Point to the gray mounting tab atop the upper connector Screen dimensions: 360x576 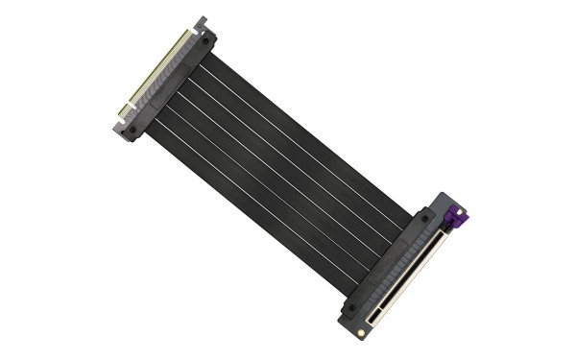pos(202,21)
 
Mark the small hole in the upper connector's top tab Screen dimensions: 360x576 pos(202,20)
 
